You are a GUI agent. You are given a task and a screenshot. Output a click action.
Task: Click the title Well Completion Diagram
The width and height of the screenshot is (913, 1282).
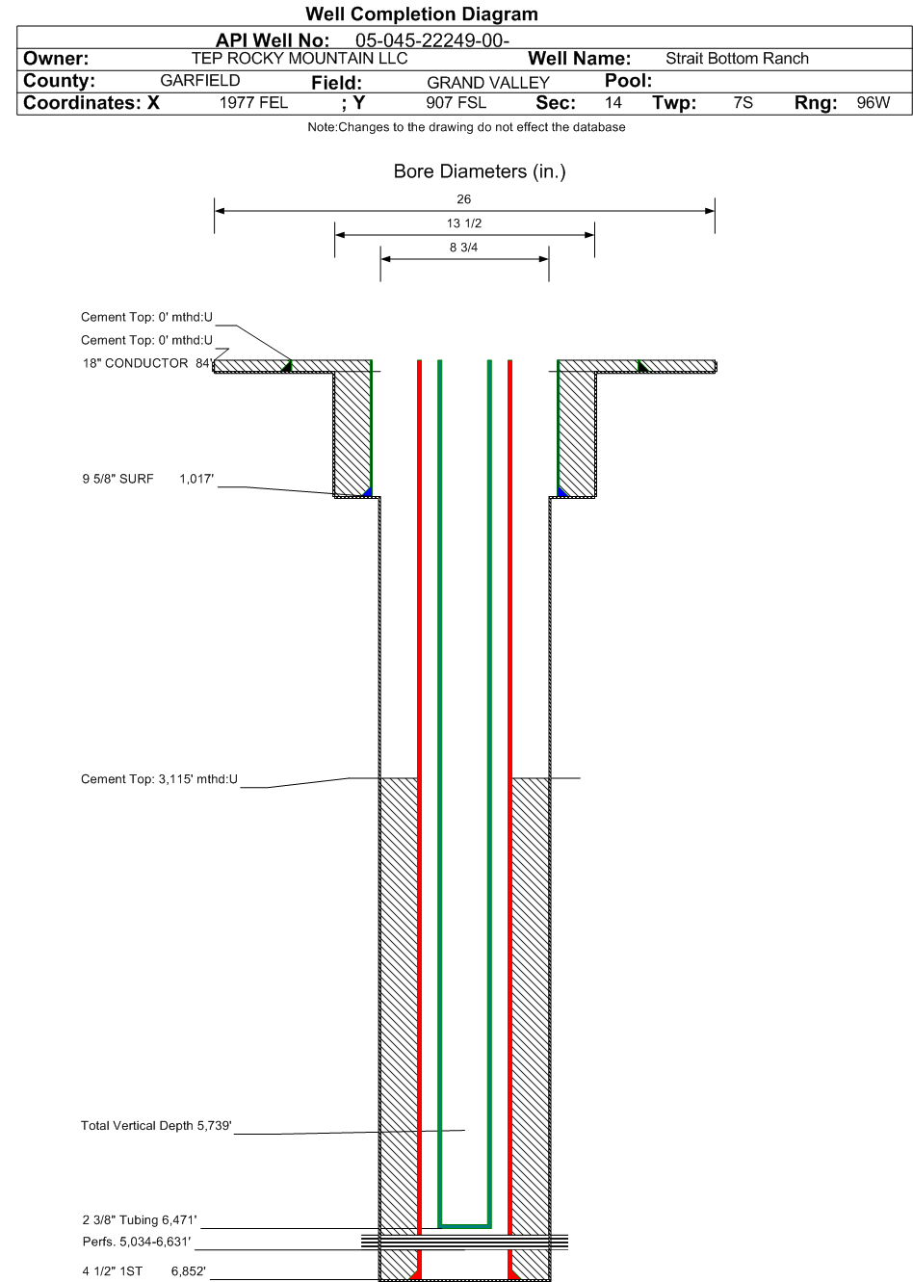421,13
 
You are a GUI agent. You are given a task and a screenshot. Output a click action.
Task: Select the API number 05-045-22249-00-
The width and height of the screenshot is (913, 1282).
432,40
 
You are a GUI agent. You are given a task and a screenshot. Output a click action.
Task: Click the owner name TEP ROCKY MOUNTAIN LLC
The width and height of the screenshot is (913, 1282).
300,59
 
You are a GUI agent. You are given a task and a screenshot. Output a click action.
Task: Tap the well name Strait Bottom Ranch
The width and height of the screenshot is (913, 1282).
737,59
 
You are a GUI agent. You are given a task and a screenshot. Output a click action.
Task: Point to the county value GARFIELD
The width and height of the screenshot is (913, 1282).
199,81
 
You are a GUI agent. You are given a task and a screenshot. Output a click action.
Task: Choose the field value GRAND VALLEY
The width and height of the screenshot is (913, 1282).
487,83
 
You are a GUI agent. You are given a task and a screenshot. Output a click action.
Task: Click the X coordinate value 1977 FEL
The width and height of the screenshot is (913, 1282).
253,103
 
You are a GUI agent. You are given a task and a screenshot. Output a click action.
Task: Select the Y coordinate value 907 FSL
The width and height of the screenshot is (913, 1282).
456,103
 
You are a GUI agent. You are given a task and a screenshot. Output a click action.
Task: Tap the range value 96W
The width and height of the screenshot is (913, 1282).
873,103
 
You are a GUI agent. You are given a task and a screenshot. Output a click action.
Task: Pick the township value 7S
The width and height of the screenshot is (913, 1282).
743,103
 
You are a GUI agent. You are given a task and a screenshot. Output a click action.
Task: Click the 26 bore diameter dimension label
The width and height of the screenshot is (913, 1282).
463,199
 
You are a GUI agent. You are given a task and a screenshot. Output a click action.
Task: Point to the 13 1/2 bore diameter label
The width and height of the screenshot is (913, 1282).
464,223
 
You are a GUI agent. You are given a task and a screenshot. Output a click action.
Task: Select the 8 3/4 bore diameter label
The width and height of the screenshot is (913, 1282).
463,248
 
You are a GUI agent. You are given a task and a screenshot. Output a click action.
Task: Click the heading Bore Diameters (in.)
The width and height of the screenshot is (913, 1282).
480,171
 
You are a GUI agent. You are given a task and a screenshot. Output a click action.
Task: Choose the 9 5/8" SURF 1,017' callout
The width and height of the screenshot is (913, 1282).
148,479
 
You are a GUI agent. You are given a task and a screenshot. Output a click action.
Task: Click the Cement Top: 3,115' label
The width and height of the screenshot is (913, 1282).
159,779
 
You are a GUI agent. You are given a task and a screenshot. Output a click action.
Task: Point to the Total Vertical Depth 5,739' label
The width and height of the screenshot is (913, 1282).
156,1126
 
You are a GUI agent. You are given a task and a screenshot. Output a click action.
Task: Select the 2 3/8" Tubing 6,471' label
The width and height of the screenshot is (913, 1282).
140,1219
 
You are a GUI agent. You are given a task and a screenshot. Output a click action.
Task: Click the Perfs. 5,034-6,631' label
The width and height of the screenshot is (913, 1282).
137,1242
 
